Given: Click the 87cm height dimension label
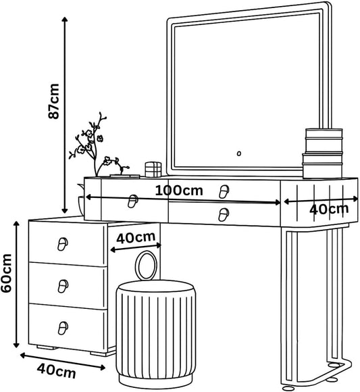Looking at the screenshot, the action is [54, 101].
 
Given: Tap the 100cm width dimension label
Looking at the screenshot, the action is [179, 191].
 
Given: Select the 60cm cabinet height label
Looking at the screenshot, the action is [6, 273].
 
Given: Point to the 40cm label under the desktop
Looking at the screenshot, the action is [136, 237].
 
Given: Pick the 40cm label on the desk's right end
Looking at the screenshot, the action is [329, 209].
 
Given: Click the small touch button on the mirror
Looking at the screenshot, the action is [239, 153].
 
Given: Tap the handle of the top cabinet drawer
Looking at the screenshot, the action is [63, 244].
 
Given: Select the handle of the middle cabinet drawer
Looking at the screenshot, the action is [63, 286].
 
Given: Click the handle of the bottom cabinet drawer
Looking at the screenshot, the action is [63, 328].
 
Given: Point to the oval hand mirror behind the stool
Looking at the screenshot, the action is [146, 266].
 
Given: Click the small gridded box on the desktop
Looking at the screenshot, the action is [153, 170].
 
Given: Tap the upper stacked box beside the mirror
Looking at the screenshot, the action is [324, 141].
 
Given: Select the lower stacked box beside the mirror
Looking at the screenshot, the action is [322, 166].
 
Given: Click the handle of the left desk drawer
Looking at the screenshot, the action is [132, 201].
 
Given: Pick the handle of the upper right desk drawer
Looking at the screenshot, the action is [224, 192].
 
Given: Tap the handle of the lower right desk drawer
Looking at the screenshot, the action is [224, 215].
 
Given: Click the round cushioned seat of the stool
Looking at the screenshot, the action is [156, 287].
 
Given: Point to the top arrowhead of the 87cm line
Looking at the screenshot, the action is [65, 20].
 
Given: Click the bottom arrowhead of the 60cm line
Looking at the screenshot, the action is [16, 345].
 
